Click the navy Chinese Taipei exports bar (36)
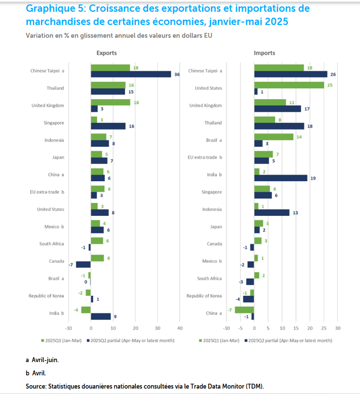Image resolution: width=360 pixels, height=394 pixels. [x=131, y=74]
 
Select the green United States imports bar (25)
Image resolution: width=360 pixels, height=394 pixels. [x=289, y=85]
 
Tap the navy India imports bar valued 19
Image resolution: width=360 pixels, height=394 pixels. [x=281, y=178]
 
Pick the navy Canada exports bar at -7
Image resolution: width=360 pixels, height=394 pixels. [x=83, y=264]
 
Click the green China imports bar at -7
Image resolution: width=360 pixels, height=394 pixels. [x=244, y=310]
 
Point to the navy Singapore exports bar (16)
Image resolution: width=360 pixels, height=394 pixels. [x=108, y=126]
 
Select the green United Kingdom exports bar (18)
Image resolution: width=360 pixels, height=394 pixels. [x=110, y=103]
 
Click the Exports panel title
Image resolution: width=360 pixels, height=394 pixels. [x=106, y=53]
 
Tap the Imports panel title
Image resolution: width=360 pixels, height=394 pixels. [x=264, y=53]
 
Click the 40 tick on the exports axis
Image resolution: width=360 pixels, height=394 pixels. [x=180, y=328]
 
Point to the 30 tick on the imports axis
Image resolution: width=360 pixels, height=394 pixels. [x=337, y=328]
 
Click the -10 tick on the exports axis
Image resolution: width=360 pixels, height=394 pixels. [x=69, y=328]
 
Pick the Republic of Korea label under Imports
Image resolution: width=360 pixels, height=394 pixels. [x=205, y=296]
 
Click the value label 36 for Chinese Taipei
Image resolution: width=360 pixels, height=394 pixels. [x=177, y=75]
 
